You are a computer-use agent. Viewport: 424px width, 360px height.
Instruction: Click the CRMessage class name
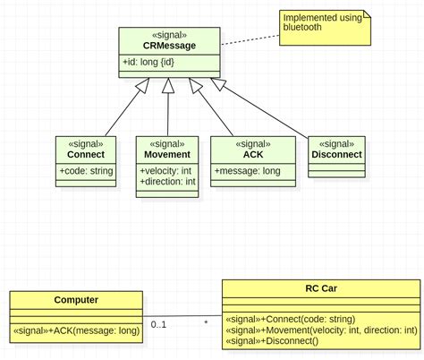(169, 45)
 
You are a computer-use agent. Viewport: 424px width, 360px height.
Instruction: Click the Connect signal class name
(86, 154)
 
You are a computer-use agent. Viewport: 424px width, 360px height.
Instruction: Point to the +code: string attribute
(86, 169)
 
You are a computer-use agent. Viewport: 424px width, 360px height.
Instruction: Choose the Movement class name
(166, 154)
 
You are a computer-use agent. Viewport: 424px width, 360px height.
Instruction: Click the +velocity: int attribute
(166, 169)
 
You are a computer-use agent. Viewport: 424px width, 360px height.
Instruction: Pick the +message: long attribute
(246, 169)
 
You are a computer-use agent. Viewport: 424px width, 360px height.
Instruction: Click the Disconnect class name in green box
(336, 154)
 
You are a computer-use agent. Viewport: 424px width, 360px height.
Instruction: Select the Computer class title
(76, 300)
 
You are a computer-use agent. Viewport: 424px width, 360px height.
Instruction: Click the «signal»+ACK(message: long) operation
(76, 331)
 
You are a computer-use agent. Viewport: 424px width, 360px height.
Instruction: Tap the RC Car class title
(319, 288)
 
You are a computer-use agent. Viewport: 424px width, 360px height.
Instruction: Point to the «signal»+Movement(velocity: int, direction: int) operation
(320, 330)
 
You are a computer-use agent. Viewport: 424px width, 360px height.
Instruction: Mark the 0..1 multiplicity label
(158, 324)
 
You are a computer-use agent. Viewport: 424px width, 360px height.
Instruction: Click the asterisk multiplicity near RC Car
(206, 323)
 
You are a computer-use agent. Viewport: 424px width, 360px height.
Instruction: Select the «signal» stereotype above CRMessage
(169, 34)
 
